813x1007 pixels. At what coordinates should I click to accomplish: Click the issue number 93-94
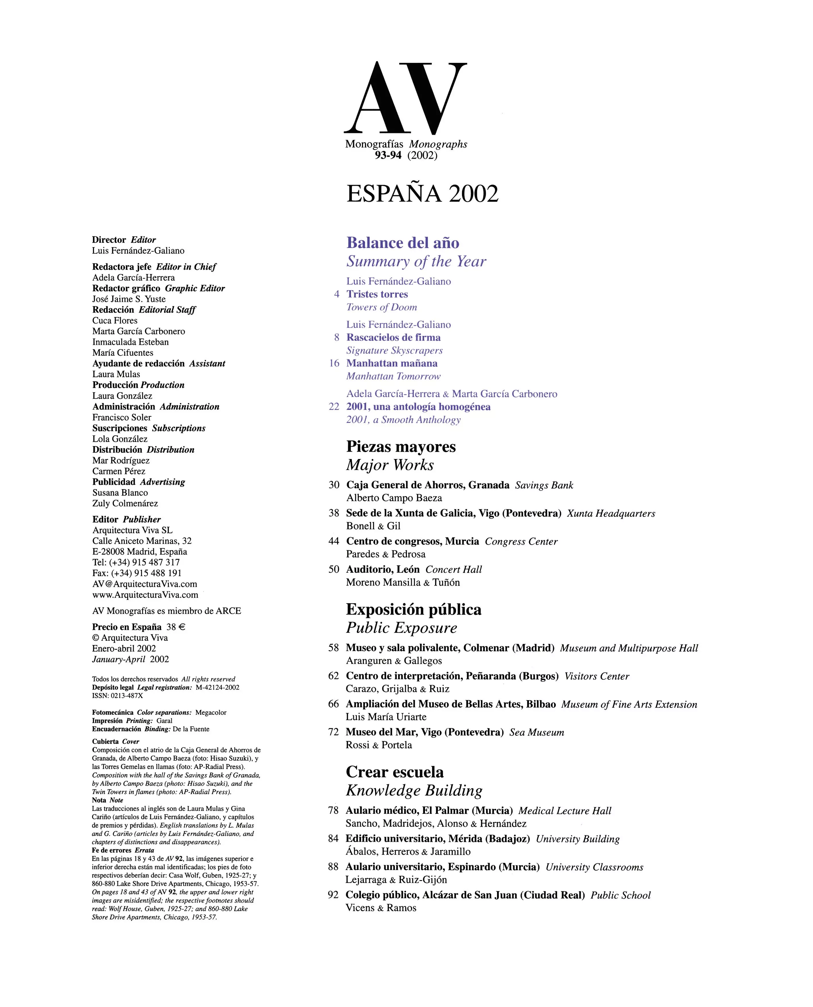pos(388,156)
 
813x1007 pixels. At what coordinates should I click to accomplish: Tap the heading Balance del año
pos(403,243)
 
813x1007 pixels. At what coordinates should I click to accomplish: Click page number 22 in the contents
pos(334,406)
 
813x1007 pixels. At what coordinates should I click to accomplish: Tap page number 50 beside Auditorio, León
pos(334,569)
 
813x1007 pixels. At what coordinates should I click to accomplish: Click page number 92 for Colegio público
pos(333,895)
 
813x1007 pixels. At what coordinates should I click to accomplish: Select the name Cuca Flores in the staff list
pos(115,321)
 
